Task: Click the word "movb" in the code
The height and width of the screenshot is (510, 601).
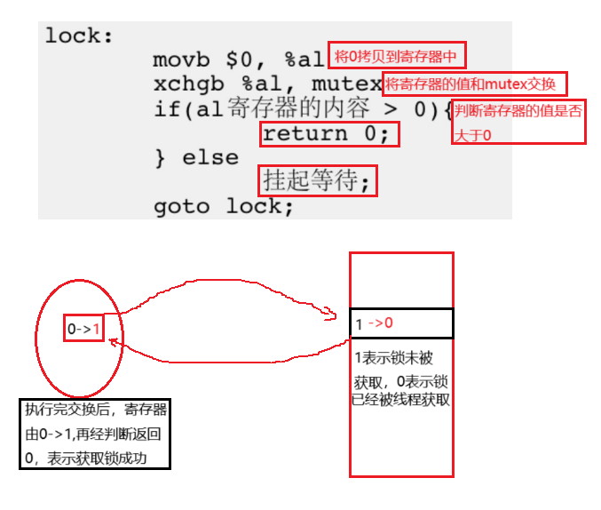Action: pos(181,60)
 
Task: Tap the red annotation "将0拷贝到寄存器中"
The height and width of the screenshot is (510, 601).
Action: pos(397,57)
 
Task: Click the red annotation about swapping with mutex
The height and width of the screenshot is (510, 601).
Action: pos(474,84)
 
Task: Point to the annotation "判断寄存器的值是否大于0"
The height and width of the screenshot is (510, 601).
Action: pos(518,122)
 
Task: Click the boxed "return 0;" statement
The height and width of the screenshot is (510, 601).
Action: pos(328,134)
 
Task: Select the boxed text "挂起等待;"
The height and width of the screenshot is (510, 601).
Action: pos(317,181)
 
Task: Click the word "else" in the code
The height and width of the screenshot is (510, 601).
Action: pos(210,158)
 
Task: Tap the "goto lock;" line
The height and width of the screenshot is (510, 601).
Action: pos(223,206)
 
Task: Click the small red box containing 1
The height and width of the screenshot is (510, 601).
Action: pos(83,328)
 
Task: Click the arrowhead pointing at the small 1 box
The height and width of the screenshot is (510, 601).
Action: pos(113,341)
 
